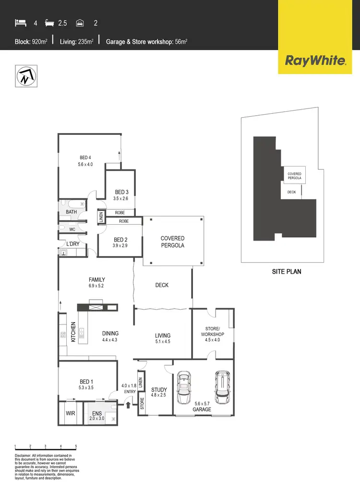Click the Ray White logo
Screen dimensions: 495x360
pyautogui.click(x=315, y=60)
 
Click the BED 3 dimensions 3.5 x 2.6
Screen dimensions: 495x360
pyautogui.click(x=121, y=198)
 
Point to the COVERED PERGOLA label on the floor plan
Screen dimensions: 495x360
pyautogui.click(x=173, y=241)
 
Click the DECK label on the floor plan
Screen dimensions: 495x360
pyautogui.click(x=162, y=285)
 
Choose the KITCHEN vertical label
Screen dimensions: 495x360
pyautogui.click(x=73, y=331)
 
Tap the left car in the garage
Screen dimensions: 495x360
pyautogui.click(x=185, y=387)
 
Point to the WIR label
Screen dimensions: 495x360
pyautogui.click(x=70, y=412)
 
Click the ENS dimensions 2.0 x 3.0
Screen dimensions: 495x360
pyautogui.click(x=97, y=419)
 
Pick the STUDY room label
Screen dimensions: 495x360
pyautogui.click(x=158, y=390)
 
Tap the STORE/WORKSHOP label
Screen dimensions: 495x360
pyautogui.click(x=213, y=331)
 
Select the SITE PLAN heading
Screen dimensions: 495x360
pyautogui.click(x=287, y=271)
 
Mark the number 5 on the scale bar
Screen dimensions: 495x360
pyautogui.click(x=76, y=446)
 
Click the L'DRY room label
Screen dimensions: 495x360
pyautogui.click(x=73, y=244)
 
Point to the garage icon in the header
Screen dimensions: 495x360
pyautogui.click(x=81, y=22)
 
